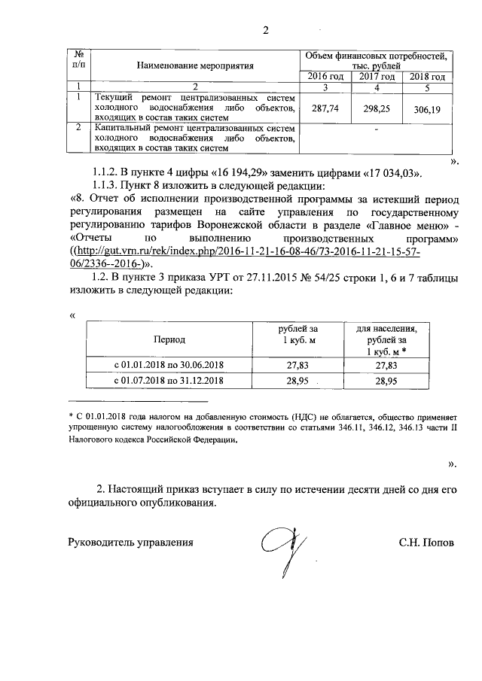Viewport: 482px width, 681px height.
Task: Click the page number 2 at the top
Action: click(x=264, y=31)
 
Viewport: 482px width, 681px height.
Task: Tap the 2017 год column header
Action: click(x=377, y=77)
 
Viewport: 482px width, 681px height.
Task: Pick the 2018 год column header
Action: click(x=427, y=77)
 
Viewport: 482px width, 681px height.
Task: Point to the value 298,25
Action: click(x=375, y=108)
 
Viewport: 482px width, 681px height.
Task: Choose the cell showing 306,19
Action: click(x=426, y=110)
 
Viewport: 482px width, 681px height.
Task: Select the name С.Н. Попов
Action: click(x=427, y=542)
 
